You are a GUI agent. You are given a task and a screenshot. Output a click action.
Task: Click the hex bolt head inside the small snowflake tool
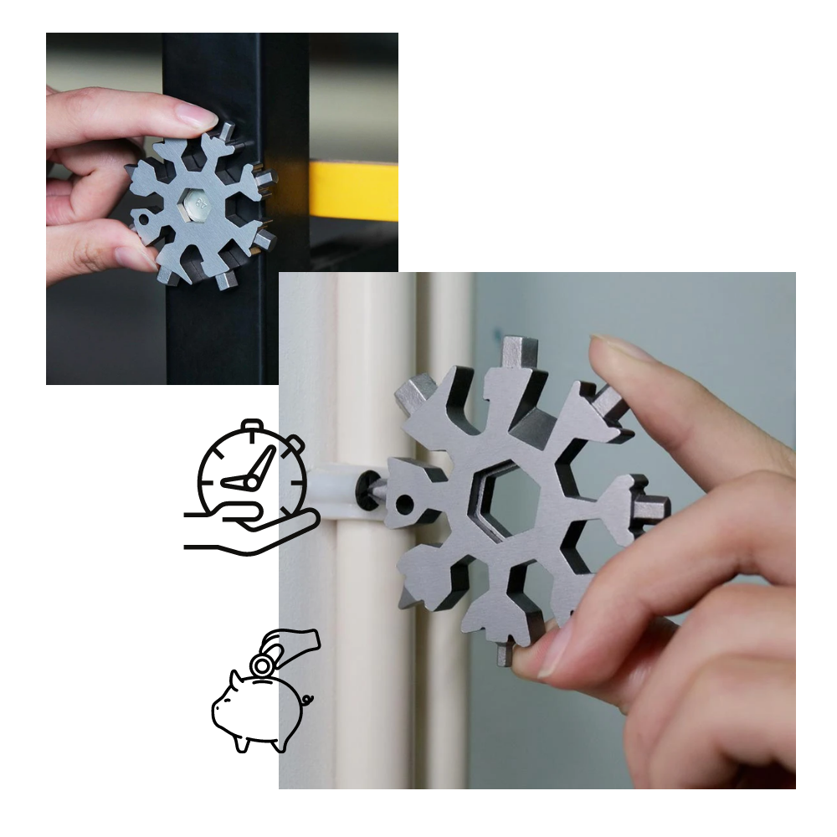(198, 203)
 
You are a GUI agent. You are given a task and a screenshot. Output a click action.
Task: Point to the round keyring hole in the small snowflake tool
(144, 219)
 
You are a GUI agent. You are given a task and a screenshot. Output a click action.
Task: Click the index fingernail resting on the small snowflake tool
(198, 116)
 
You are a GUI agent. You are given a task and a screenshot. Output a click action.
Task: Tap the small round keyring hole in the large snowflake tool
(405, 504)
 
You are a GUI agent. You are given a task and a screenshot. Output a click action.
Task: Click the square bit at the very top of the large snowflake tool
(520, 352)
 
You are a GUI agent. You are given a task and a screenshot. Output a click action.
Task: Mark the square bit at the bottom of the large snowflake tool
(505, 652)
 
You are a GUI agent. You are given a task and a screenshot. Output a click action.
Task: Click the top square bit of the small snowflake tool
(225, 131)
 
